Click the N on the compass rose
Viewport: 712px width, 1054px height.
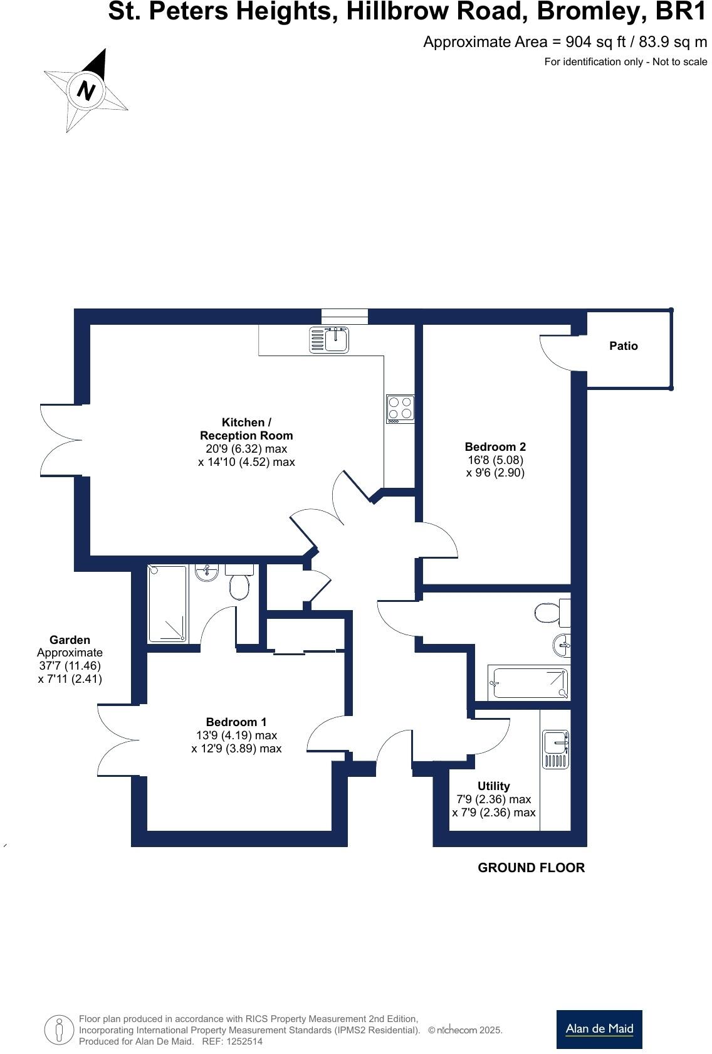85,91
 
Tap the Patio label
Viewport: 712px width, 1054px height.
624,346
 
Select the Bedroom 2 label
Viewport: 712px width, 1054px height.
495,447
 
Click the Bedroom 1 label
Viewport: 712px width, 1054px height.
236,722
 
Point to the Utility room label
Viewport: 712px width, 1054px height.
493,786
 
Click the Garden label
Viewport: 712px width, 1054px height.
70,640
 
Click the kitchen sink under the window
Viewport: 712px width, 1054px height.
330,339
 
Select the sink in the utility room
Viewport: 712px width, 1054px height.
555,749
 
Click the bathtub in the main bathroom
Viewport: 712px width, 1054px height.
530,683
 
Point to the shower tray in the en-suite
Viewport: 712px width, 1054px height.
167,604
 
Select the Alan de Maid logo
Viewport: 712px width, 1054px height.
599,1029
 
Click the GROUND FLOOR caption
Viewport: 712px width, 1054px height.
531,868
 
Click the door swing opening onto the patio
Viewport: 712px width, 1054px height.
555,352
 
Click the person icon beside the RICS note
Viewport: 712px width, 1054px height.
60,1030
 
